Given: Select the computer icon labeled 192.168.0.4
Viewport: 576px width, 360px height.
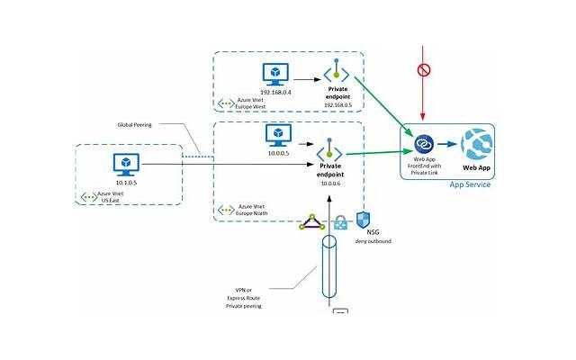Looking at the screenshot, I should [x=274, y=74].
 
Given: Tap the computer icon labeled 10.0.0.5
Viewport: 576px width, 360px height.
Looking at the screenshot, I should [x=277, y=135].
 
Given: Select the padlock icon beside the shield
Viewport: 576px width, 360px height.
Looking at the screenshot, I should [x=340, y=222].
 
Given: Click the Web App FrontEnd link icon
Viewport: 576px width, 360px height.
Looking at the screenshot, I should [x=424, y=144].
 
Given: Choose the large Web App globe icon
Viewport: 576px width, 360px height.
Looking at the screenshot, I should [x=475, y=144].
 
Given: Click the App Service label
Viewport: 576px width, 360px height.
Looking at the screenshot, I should [x=469, y=184].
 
